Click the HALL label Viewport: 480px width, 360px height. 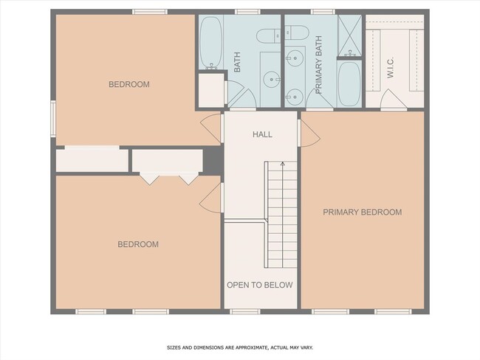262,135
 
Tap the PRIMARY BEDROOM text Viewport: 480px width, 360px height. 362,212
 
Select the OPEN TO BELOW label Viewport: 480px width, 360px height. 259,285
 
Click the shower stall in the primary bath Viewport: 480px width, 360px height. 349,35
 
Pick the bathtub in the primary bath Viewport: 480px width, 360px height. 349,83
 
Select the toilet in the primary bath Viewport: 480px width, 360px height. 298,32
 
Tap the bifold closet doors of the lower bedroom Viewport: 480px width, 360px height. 169,179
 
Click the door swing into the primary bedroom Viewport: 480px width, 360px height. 308,133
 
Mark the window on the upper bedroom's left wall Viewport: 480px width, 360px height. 52,118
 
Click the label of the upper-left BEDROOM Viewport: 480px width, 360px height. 129,85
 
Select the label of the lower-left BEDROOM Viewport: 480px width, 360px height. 138,244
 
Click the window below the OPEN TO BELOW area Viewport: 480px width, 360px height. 240,311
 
